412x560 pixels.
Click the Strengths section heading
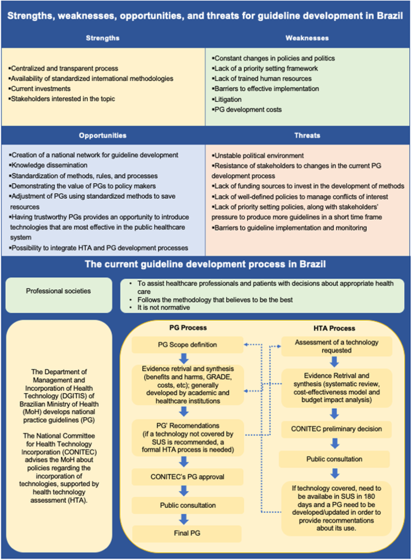point(103,38)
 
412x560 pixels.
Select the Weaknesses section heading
point(308,38)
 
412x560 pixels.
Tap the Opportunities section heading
point(103,135)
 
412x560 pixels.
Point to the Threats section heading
point(308,135)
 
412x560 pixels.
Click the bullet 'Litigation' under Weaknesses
point(227,99)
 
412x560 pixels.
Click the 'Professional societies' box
point(58,291)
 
